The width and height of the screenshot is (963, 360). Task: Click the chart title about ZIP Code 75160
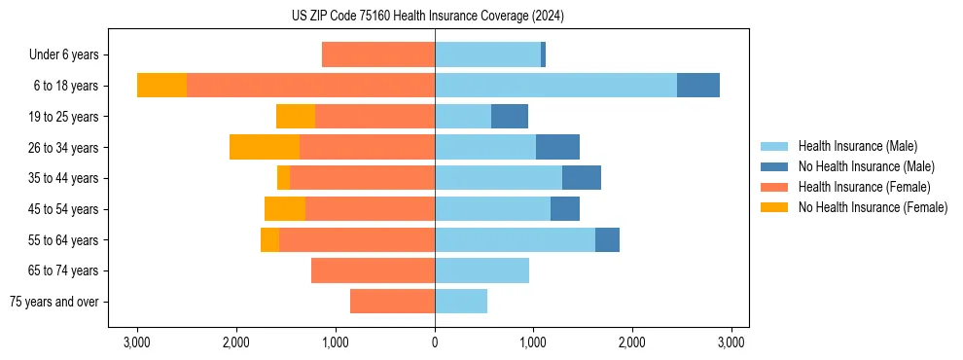click(427, 16)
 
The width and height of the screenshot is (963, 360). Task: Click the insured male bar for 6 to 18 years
click(555, 86)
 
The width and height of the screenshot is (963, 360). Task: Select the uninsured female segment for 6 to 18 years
click(161, 86)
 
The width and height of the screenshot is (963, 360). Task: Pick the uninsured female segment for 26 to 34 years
click(265, 147)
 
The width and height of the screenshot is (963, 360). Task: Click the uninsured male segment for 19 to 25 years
click(510, 117)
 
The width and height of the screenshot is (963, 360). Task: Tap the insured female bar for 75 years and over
click(392, 302)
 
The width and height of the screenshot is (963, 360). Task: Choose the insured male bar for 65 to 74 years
click(481, 270)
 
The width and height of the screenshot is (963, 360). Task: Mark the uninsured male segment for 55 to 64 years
click(607, 239)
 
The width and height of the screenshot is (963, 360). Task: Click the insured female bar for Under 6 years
click(378, 55)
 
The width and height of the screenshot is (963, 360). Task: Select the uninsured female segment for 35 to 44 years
click(283, 178)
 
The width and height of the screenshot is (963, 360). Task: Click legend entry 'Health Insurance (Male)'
click(856, 146)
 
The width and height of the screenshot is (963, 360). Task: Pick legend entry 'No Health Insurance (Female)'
click(873, 207)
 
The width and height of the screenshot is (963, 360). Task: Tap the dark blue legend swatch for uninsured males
click(775, 166)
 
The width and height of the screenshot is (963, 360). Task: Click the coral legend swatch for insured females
click(775, 187)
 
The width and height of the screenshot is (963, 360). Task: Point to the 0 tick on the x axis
click(435, 342)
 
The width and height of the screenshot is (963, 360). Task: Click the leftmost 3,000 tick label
click(137, 342)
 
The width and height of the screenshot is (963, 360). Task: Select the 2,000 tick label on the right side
click(632, 342)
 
